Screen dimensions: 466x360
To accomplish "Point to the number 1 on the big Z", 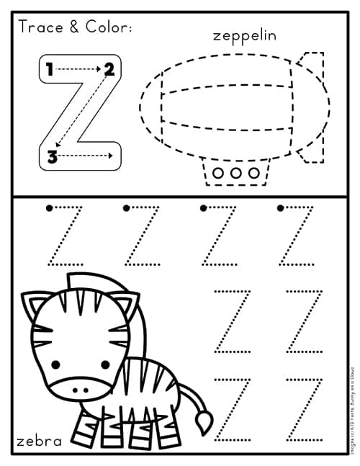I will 49,70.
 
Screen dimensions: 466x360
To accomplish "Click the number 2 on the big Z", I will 109,70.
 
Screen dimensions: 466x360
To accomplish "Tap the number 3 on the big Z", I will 52,156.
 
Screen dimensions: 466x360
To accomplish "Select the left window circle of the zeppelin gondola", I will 220,173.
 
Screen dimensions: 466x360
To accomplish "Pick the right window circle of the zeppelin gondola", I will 253,173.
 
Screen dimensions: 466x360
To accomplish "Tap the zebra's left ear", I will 32,305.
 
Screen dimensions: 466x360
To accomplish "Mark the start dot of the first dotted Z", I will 49,208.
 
